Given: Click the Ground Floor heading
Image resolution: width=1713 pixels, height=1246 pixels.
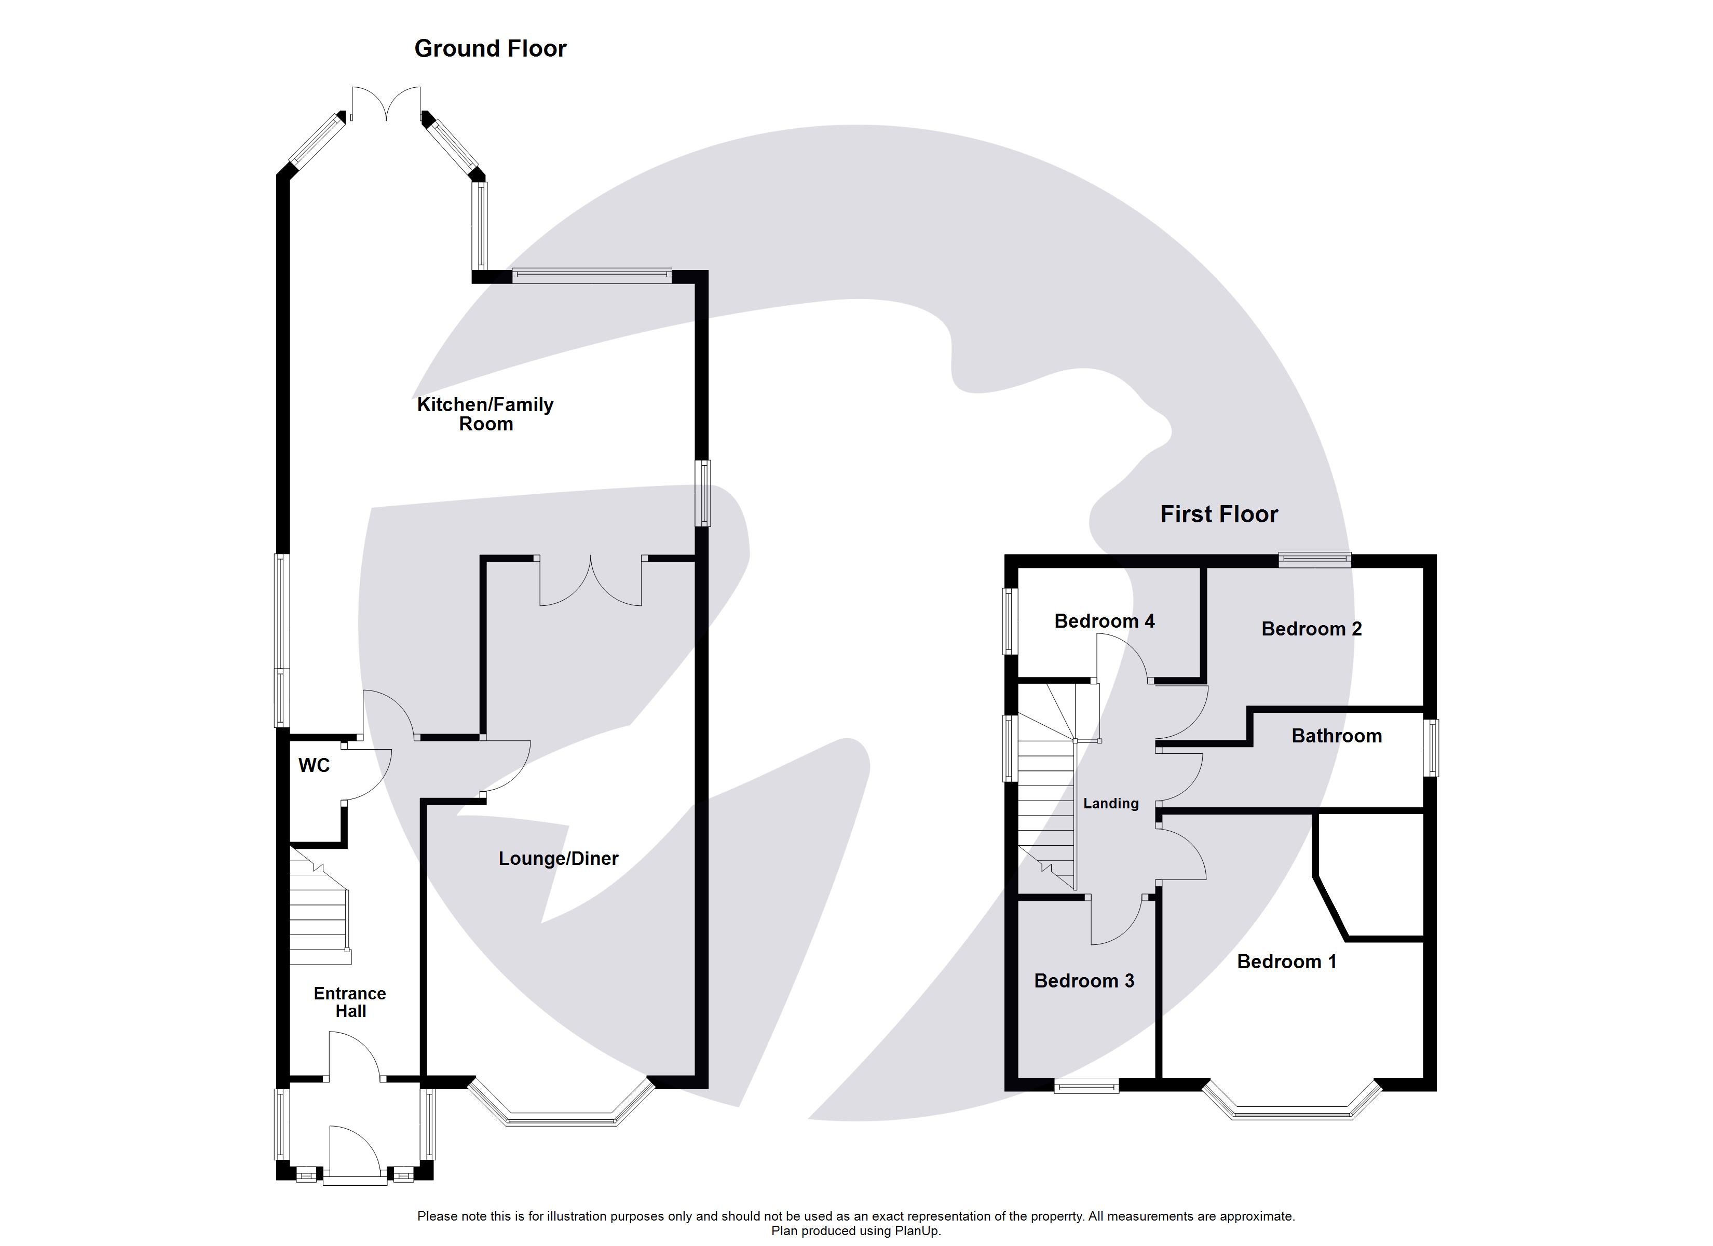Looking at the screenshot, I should pos(490,48).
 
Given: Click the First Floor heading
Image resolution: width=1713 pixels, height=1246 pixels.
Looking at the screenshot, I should pos(1218,514).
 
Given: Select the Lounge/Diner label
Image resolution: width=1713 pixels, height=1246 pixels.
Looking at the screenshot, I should pos(558,858).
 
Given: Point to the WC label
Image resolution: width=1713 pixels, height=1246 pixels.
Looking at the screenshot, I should pos(314,765).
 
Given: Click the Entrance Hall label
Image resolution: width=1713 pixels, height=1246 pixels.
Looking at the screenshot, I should pos(350,1002).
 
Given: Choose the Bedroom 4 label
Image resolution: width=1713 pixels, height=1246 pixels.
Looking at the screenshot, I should pos(1104,621).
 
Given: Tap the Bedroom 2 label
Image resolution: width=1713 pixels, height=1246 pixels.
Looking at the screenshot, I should pos(1311,629).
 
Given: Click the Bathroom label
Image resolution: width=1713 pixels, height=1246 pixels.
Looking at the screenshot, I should pos(1336,736).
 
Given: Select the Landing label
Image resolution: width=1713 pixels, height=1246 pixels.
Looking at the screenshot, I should pos(1110,803).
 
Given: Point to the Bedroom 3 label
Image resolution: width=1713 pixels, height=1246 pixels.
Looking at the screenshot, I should pos(1084,981).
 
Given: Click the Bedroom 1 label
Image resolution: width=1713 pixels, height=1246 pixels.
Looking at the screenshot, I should pos(1286,962).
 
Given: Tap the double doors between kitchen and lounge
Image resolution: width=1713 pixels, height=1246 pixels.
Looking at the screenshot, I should pos(591,582).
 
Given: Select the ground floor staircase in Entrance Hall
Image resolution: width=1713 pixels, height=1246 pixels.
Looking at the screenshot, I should pos(319,914).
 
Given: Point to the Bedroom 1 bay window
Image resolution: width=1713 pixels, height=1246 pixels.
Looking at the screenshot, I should pos(1291,1113).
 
